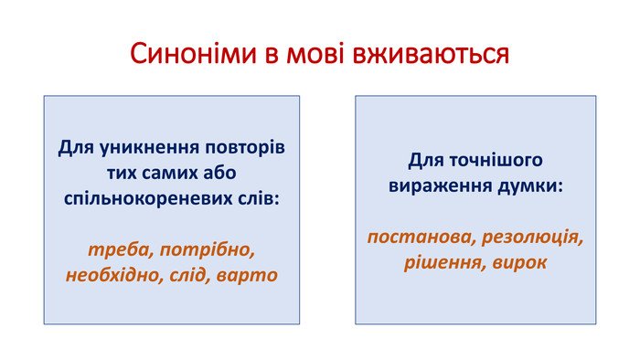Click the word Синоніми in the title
pyautogui.click(x=193, y=54)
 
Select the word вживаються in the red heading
pyautogui.click(x=431, y=54)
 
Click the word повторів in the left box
pyautogui.click(x=245, y=148)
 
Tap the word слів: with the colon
pyautogui.click(x=259, y=198)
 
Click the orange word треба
pyautogui.click(x=118, y=250)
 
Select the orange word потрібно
pyautogui.click(x=208, y=250)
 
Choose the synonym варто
pyautogui.click(x=247, y=276)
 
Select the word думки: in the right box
pyautogui.click(x=530, y=185)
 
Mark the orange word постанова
pyautogui.click(x=421, y=238)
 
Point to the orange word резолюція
pyautogui.click(x=532, y=238)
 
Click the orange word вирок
pyautogui.click(x=519, y=263)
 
